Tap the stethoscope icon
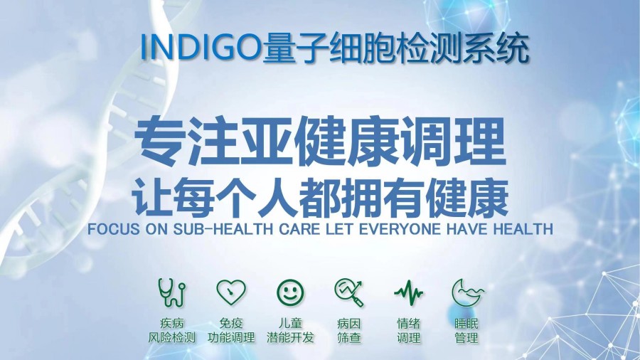pyautogui.click(x=171, y=291)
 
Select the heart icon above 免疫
pyautogui.click(x=231, y=291)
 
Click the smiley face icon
pyautogui.click(x=290, y=291)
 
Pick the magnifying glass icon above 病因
pyautogui.click(x=348, y=291)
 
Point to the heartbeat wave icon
pyautogui.click(x=408, y=291)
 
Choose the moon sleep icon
pyautogui.click(x=466, y=291)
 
